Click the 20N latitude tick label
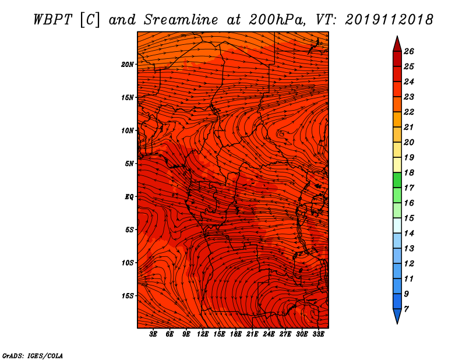pos(128,65)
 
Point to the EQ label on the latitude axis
pos(129,197)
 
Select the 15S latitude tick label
pos(128,296)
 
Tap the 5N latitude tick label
pos(129,164)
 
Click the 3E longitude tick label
pos(153,334)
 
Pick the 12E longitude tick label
pos(202,334)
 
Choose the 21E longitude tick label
pos(252,334)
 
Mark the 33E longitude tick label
pos(318,334)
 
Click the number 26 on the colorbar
pos(409,51)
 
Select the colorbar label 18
pos(409,172)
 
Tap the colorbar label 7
pos(406,309)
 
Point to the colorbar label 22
pos(409,112)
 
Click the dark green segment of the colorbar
pos(397,180)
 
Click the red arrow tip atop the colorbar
pos(397,36)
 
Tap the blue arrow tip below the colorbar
pos(397,323)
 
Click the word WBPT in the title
pos(53,20)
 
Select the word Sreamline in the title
pos(181,20)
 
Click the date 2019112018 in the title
pos(389,20)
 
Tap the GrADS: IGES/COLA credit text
pos(33,356)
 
